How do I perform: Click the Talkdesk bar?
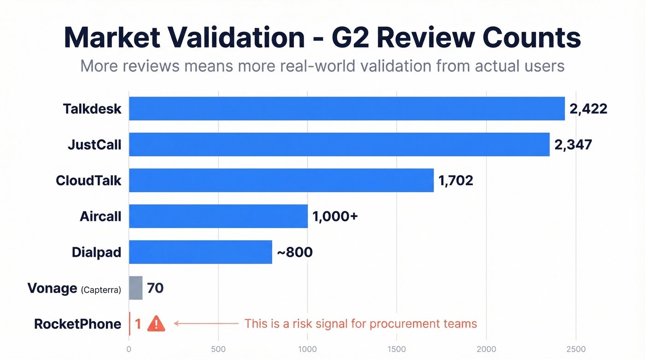(346, 109)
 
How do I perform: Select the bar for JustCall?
(339, 144)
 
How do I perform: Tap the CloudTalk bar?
(281, 180)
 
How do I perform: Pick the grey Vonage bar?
(135, 288)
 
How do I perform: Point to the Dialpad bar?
(200, 252)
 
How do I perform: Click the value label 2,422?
(588, 109)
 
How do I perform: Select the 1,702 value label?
(456, 180)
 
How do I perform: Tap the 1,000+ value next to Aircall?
(335, 216)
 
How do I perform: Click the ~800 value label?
(294, 252)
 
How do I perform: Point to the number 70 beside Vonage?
(155, 288)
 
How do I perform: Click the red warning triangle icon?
(156, 324)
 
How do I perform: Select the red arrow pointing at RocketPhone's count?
(206, 324)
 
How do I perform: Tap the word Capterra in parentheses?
(101, 290)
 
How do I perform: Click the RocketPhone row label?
(77, 324)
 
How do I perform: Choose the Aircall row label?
(100, 216)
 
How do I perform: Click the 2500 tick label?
(575, 349)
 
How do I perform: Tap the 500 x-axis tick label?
(218, 349)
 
